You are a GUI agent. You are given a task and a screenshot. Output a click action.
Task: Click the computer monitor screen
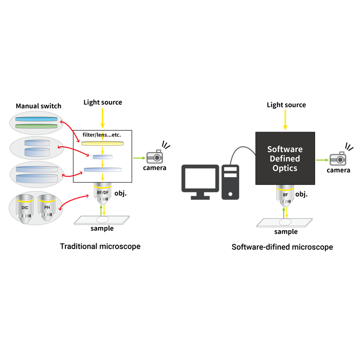pos(200,179)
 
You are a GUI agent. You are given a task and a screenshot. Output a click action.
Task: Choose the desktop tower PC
pos(231,181)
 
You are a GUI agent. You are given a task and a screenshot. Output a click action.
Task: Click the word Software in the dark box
pos(285,149)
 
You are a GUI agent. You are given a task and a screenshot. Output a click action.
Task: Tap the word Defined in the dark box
pos(285,159)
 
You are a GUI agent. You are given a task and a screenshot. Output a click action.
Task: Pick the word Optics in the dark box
pos(285,168)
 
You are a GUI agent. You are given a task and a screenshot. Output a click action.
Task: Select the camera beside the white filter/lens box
pos(154,157)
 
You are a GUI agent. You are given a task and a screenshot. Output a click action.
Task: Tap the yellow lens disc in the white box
pos(102,143)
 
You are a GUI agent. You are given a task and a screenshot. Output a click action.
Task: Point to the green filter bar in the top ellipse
pos(36,126)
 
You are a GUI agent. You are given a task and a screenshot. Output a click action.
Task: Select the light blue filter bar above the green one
pos(36,119)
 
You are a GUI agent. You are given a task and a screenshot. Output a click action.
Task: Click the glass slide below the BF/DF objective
pos(102,220)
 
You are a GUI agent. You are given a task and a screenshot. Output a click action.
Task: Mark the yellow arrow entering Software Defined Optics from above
pos(285,119)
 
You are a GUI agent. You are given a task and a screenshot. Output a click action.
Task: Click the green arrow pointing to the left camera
pos(138,158)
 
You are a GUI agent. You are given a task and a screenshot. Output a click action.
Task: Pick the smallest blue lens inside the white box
pos(102,157)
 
